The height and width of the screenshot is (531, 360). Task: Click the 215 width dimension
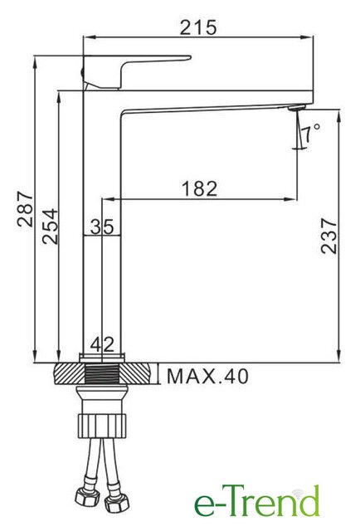pyautogui.click(x=197, y=27)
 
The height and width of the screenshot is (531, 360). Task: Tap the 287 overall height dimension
pyautogui.click(x=26, y=209)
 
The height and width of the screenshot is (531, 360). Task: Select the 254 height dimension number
pyautogui.click(x=50, y=227)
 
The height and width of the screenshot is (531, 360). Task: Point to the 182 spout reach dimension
pyautogui.click(x=199, y=188)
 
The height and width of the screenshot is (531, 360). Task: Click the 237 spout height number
pyautogui.click(x=329, y=236)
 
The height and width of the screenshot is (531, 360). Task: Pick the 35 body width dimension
pyautogui.click(x=102, y=227)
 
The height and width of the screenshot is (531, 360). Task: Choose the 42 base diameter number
pyautogui.click(x=102, y=345)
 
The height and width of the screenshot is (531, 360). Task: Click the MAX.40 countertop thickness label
pyautogui.click(x=207, y=376)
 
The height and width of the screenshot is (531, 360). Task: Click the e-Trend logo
pyautogui.click(x=257, y=501)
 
